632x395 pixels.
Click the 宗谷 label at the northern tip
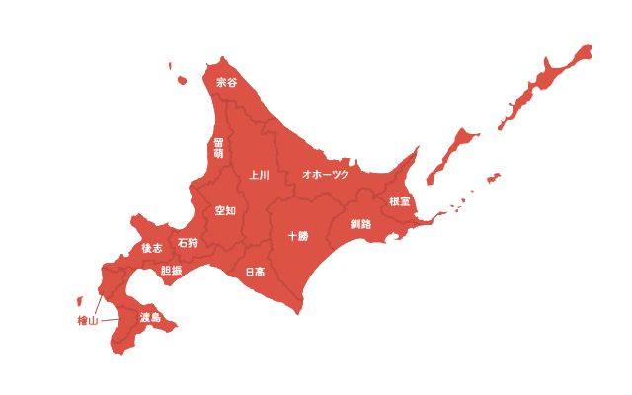pos(226,82)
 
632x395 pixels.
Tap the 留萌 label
pos(218,148)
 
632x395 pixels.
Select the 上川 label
pos(260,175)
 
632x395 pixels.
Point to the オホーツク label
pos(325,174)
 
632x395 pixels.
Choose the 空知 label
pos(225,210)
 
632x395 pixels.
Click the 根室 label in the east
pos(400,200)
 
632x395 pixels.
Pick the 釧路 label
pos(361,224)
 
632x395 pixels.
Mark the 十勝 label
pos(297,236)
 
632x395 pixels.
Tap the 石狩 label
pos(188,242)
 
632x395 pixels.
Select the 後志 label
pos(151,248)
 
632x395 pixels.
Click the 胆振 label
pos(171,270)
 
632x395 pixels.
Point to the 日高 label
pos(254,272)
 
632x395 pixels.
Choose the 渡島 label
pos(150,318)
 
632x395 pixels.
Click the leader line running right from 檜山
pos(110,320)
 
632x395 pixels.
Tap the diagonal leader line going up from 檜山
pos(99,302)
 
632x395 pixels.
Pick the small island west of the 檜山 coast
pos(79,301)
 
